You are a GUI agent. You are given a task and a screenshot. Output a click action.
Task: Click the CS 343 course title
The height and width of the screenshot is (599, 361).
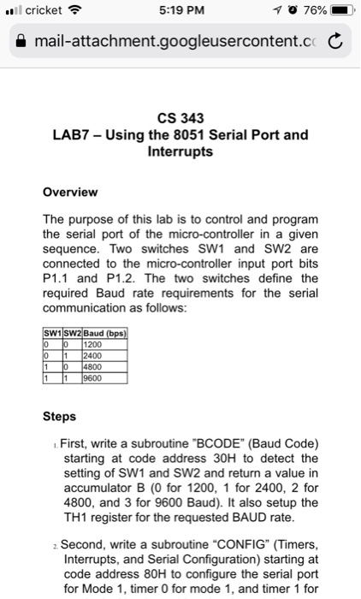coord(180,119)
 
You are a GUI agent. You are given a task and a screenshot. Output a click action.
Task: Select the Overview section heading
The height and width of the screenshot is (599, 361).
coord(70,192)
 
